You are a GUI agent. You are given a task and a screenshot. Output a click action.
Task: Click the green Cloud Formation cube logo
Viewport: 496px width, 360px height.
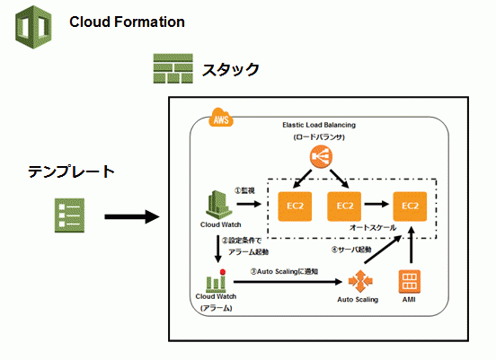33,27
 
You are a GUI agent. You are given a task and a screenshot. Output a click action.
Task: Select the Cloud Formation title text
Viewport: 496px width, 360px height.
127,22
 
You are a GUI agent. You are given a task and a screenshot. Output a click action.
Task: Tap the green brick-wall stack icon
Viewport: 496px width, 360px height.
173,68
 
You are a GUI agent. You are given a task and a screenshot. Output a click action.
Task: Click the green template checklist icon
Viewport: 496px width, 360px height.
69,215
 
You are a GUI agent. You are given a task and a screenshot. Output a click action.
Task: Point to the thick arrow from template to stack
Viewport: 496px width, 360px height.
132,216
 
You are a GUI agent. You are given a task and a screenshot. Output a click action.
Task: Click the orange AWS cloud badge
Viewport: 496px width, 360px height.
221,118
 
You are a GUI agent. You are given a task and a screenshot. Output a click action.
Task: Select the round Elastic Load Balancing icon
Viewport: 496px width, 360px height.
321,156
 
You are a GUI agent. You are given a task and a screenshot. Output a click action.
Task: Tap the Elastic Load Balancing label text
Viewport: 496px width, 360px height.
319,125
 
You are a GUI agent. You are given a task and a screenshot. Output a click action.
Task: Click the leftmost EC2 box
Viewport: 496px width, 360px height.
295,206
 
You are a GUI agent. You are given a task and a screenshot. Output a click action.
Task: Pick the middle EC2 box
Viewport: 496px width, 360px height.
344,206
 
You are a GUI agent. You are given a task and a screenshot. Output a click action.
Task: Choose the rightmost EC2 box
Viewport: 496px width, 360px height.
410,206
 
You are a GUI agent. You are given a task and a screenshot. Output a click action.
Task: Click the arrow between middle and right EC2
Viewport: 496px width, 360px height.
376,204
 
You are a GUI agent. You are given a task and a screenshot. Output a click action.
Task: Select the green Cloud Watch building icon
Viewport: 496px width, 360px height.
218,205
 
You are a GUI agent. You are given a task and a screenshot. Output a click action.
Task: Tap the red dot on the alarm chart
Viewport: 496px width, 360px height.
223,272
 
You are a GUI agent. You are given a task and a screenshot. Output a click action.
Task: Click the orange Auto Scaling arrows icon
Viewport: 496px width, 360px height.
360,281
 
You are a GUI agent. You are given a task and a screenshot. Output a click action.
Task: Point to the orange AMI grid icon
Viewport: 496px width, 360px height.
410,282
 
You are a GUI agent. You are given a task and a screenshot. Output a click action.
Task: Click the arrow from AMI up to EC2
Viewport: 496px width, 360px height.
412,245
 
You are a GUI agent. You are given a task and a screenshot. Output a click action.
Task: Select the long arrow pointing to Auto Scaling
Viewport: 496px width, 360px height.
288,282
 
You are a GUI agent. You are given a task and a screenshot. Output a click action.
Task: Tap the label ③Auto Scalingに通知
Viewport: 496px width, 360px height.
284,271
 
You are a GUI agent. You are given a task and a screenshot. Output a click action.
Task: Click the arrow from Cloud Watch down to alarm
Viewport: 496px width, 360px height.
218,249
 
